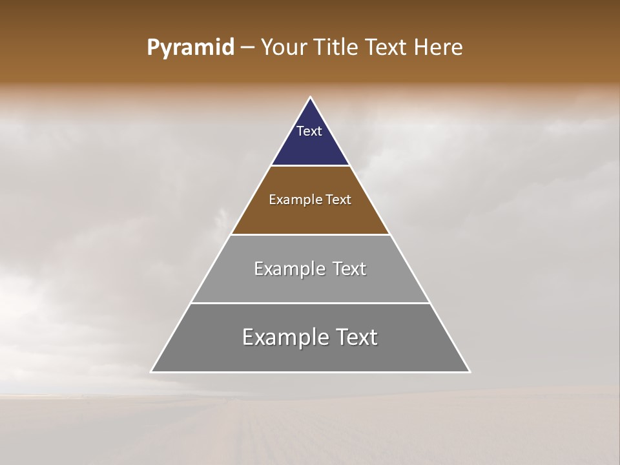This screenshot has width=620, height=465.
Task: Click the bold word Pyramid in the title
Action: [x=190, y=48]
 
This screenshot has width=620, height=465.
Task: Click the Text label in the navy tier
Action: [x=309, y=131]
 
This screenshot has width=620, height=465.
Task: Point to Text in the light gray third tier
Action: [x=349, y=269]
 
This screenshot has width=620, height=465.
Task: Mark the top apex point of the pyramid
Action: [x=310, y=98]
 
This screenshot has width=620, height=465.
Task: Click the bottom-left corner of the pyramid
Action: [x=151, y=372]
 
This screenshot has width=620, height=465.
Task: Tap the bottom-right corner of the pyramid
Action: [x=470, y=372]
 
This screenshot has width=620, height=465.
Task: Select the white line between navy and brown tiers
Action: [x=310, y=166]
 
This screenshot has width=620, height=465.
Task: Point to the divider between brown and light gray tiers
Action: [x=310, y=234]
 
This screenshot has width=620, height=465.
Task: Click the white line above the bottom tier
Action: [x=310, y=303]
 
